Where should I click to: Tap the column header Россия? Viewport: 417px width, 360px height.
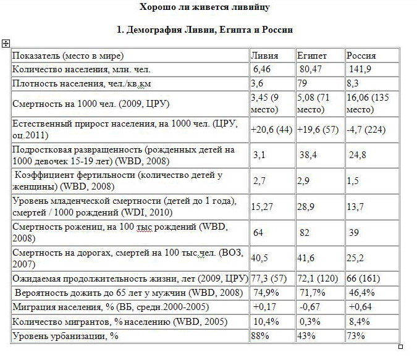click(x=361, y=55)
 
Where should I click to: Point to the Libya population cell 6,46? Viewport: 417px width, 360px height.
click(x=263, y=69)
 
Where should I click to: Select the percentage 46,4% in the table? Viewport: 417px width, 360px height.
click(x=360, y=292)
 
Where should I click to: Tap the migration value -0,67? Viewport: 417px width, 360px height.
click(x=308, y=306)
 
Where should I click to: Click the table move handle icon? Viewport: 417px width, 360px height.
click(x=6, y=43)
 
